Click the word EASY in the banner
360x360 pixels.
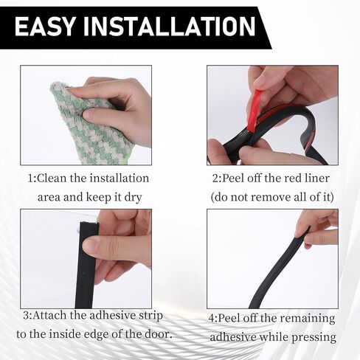pyautogui.click(x=44, y=27)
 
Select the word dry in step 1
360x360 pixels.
pyautogui.click(x=134, y=198)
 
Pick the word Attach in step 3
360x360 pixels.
pyautogui.click(x=49, y=315)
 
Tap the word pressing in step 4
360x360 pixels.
pyautogui.click(x=314, y=337)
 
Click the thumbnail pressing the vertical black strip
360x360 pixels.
pyautogui.click(x=91, y=247)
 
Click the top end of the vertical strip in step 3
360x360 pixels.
pyautogui.click(x=89, y=224)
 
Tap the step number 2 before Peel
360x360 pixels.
pyautogui.click(x=215, y=179)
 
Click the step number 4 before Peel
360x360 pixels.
pyautogui.click(x=212, y=319)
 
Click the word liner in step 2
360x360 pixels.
pyautogui.click(x=316, y=178)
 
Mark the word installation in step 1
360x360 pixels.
pyautogui.click(x=119, y=178)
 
